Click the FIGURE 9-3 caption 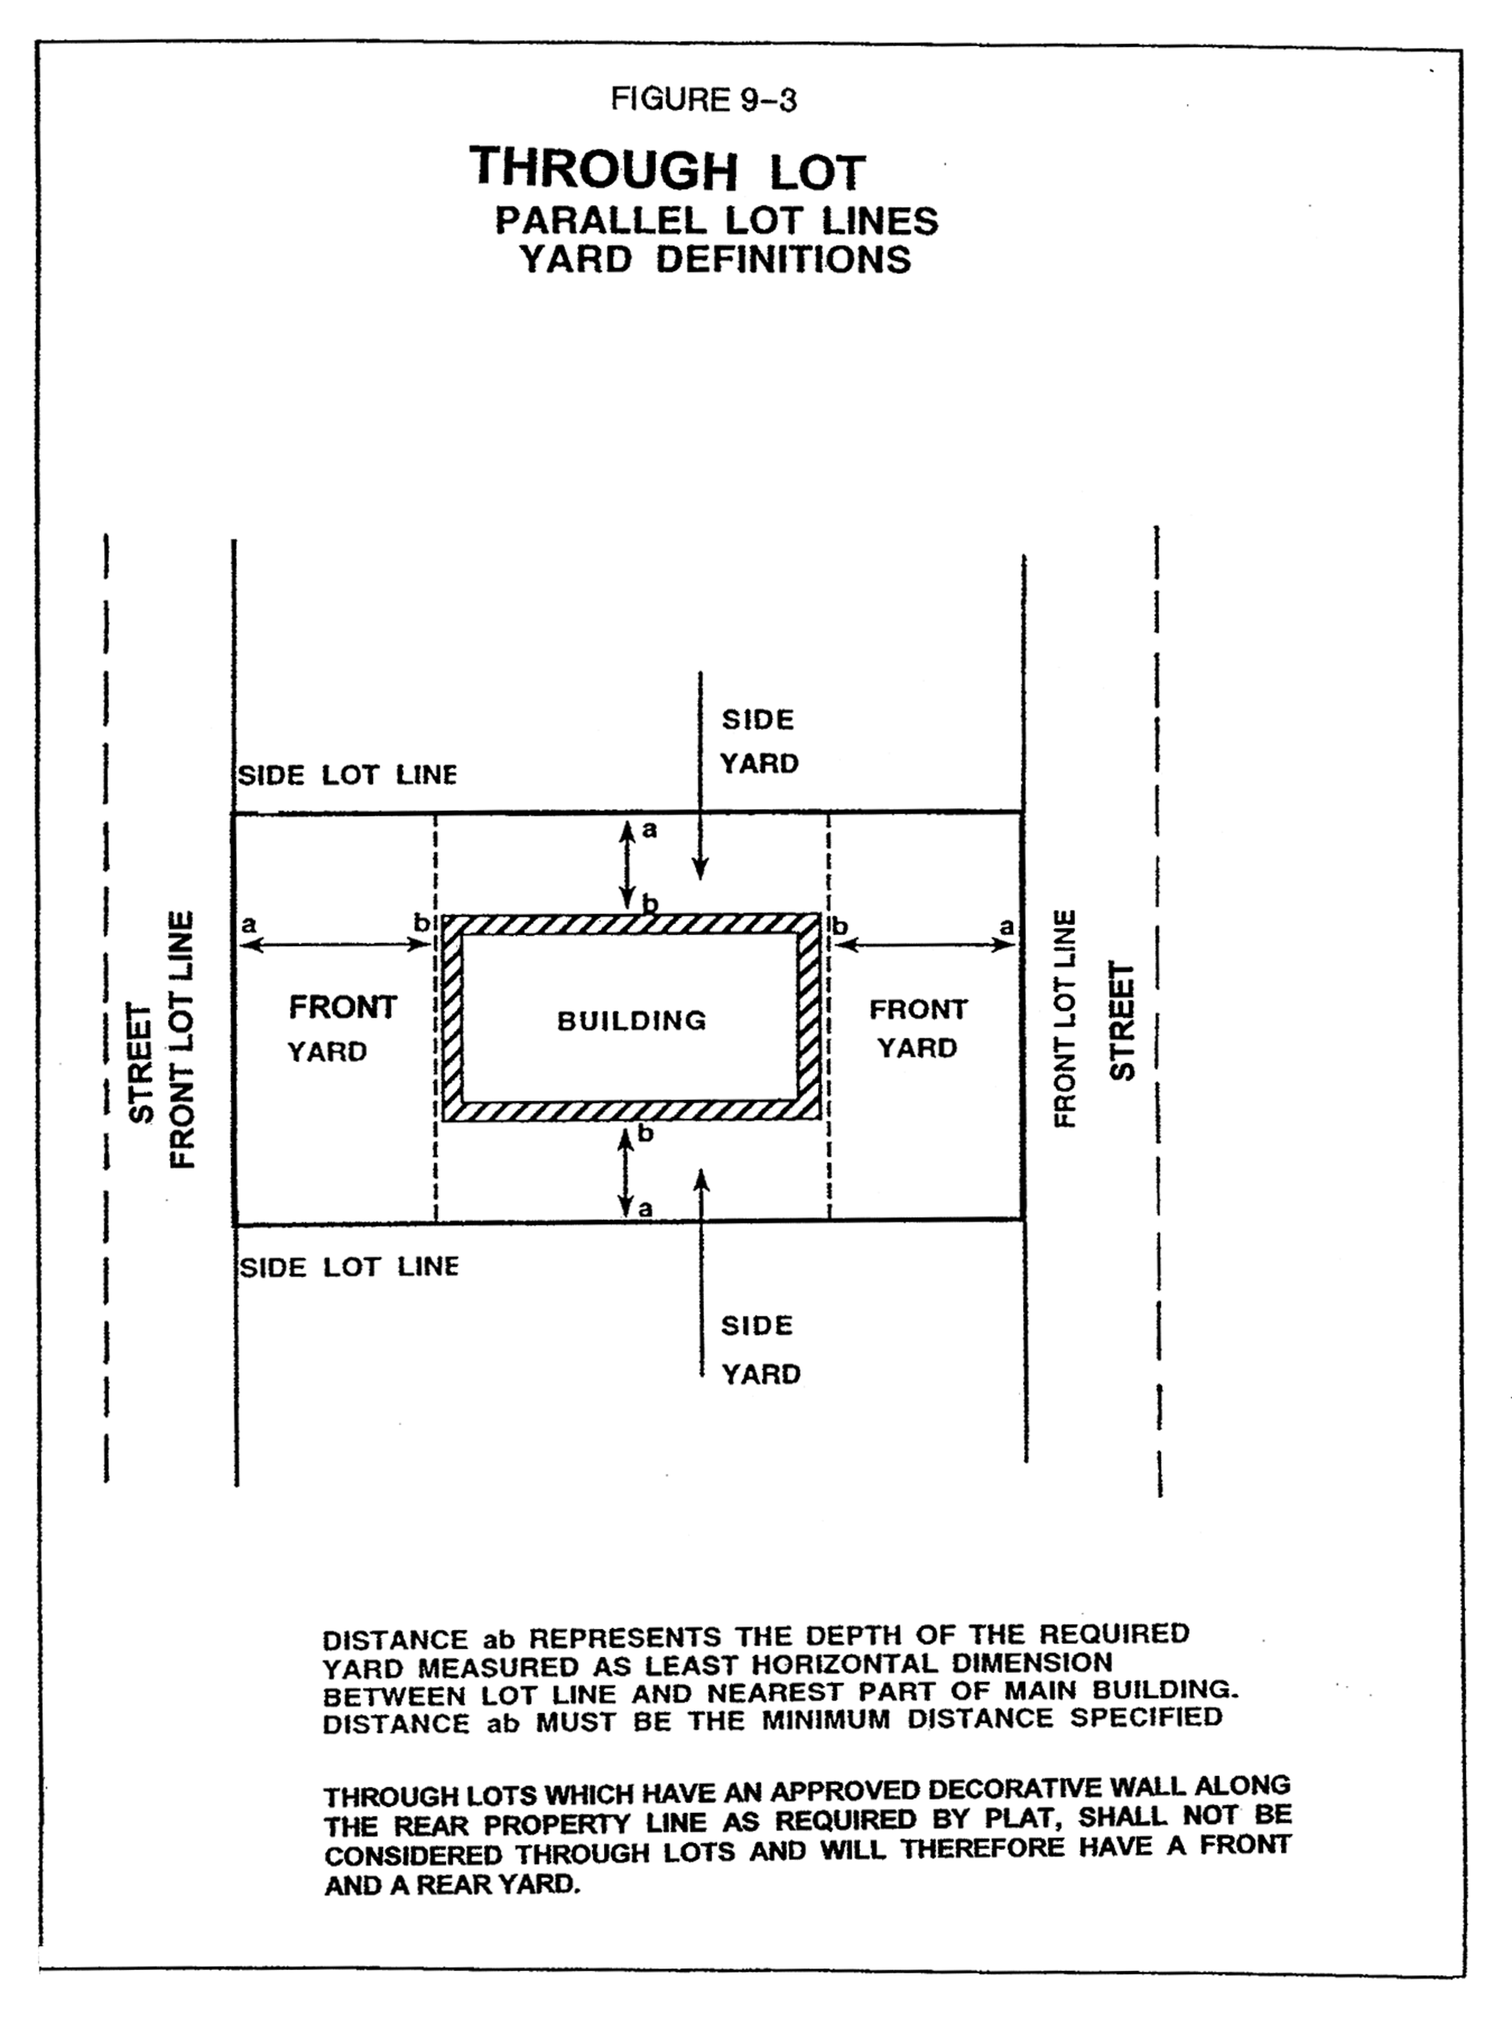click(x=703, y=99)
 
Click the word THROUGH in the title click(x=604, y=169)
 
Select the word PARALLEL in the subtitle click(x=601, y=221)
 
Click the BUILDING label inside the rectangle click(x=632, y=1020)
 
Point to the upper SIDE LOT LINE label click(x=348, y=775)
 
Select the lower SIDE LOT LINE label click(x=349, y=1267)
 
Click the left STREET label click(x=141, y=1064)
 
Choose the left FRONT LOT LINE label click(x=182, y=1039)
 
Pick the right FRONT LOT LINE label click(x=1065, y=1018)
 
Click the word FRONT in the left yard click(x=343, y=1007)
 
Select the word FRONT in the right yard click(x=918, y=1010)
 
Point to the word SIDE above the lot click(x=758, y=720)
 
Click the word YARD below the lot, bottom click(x=760, y=1374)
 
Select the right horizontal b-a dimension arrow click(x=925, y=945)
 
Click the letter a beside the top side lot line click(x=649, y=829)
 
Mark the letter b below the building click(x=646, y=1134)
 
